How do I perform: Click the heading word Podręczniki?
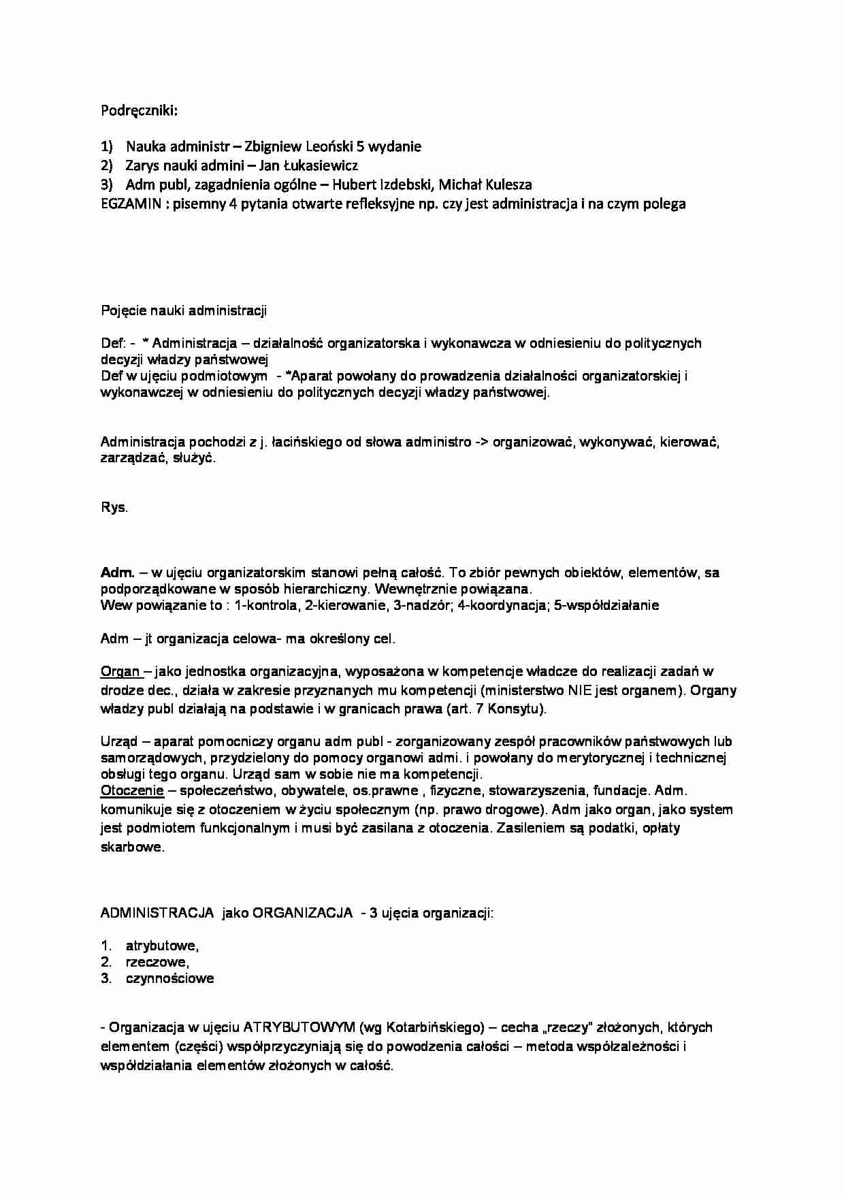[x=138, y=110]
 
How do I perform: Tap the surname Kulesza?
[x=506, y=184]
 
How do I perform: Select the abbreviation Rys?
[x=114, y=508]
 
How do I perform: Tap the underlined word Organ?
[x=120, y=672]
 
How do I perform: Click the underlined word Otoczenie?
[x=132, y=791]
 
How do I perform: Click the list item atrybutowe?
[x=162, y=946]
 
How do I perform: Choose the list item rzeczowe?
[x=157, y=962]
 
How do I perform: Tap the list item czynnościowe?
[x=169, y=978]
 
